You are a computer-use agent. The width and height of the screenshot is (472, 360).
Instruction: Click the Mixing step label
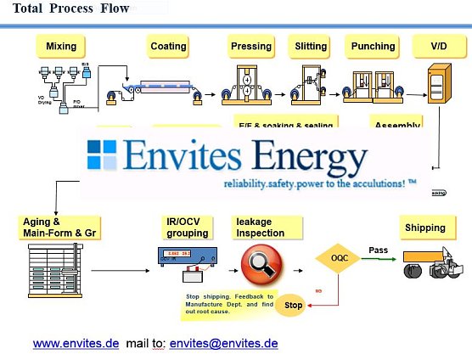pos(61,46)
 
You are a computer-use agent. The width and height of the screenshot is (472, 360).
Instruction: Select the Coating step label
pos(168,46)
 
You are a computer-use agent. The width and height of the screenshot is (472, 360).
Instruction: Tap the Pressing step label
pos(251,46)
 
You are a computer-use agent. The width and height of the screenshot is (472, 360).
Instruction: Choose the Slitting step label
pos(312,46)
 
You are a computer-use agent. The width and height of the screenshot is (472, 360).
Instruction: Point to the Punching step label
pos(374,46)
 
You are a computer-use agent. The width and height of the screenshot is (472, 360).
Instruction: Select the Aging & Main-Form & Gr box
pos(53,227)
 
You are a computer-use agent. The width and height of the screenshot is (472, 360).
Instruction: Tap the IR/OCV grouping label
pos(187,227)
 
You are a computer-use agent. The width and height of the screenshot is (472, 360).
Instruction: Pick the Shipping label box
pos(424,228)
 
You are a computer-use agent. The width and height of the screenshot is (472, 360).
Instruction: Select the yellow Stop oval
pos(292,304)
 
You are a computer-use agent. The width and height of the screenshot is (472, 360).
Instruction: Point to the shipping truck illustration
pos(433,264)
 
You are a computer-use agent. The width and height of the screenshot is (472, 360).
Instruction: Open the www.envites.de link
pos(76,343)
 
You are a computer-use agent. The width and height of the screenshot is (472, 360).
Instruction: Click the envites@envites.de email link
pos(223,343)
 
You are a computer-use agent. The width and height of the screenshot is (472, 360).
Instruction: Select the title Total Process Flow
pos(71,9)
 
